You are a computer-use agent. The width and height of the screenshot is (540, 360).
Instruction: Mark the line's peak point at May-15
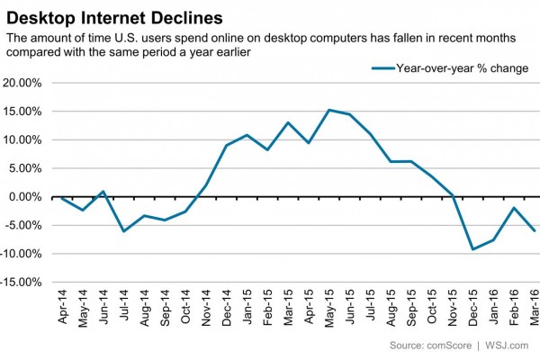point(329,110)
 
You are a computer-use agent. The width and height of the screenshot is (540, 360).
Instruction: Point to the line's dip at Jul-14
point(122,231)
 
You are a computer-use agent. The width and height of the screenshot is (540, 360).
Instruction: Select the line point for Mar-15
point(288,122)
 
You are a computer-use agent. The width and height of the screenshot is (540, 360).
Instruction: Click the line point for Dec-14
point(226,145)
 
